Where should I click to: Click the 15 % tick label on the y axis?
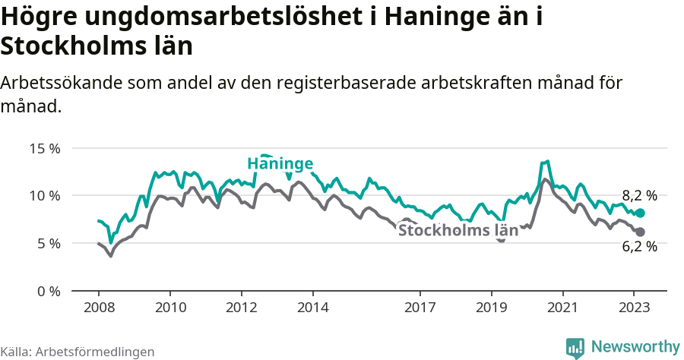point(45,148)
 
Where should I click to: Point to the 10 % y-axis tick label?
point(45,195)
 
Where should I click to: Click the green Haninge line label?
point(280,164)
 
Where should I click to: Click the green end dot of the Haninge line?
point(640,213)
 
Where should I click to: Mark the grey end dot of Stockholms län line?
point(640,232)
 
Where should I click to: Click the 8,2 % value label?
point(639,195)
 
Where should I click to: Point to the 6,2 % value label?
point(639,246)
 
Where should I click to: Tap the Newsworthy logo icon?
point(575,347)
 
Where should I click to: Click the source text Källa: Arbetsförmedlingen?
point(78,352)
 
